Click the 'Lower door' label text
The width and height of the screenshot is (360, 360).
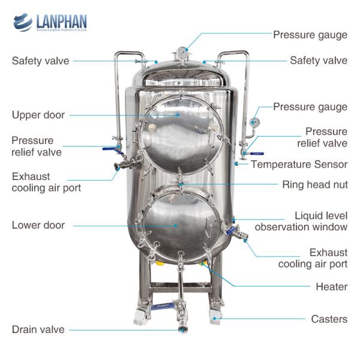(38, 225)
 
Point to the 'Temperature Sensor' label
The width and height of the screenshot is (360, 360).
(299, 164)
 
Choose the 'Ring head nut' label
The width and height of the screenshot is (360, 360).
(314, 184)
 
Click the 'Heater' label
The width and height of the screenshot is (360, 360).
(331, 286)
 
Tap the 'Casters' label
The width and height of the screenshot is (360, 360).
(329, 319)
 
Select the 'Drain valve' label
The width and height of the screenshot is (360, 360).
(38, 329)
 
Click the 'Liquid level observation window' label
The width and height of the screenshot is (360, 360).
(301, 221)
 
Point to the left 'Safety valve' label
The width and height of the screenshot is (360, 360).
(40, 61)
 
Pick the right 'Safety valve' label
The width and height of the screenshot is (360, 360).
(318, 61)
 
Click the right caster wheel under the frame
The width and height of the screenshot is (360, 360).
(217, 318)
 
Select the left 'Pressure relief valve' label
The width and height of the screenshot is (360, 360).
(36, 146)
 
